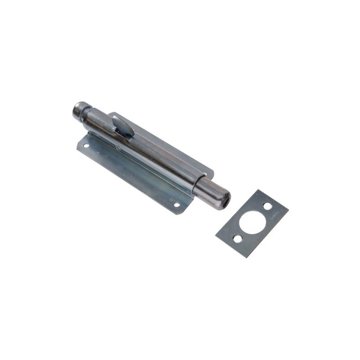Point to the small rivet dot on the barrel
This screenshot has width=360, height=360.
(118, 147)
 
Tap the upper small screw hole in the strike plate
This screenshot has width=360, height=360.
(267, 206)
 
